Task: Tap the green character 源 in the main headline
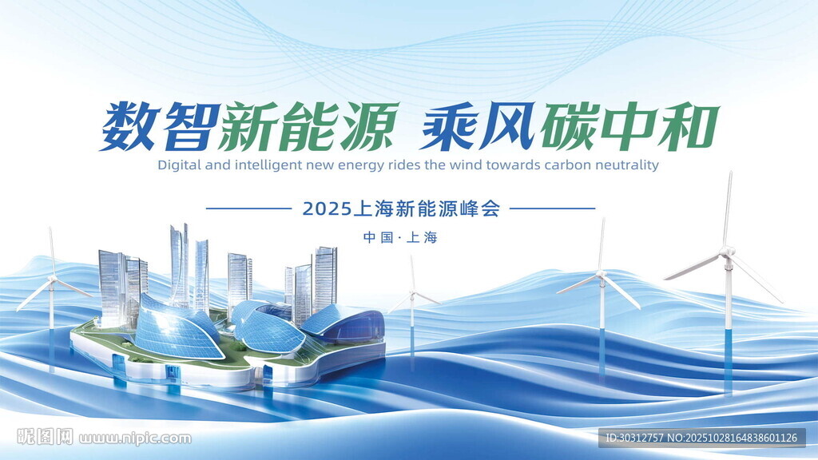tap(367, 126)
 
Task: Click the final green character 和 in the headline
tap(689, 126)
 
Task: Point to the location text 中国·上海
tap(401, 238)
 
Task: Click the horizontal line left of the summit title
tap(248, 208)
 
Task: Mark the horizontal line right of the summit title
tap(552, 208)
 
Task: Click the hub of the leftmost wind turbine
tap(52, 281)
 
